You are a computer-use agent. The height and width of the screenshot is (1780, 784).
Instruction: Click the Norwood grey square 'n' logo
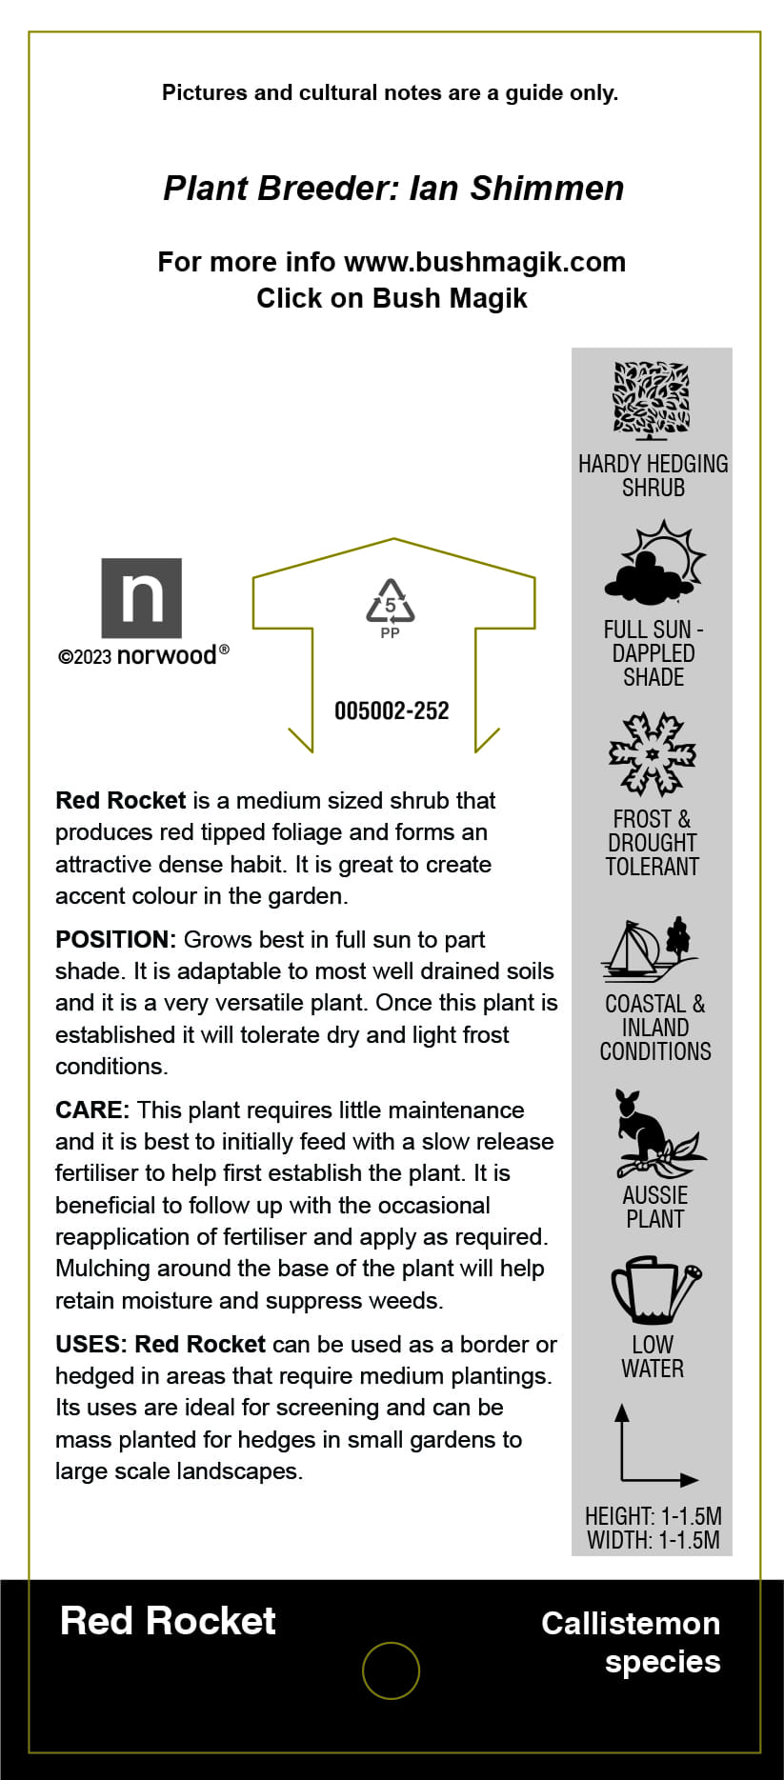click(141, 597)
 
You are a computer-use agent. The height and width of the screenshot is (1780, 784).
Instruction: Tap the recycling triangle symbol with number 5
click(391, 602)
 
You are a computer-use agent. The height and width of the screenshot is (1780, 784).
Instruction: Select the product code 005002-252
click(392, 710)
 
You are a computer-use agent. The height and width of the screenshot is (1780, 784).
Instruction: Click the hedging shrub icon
click(652, 400)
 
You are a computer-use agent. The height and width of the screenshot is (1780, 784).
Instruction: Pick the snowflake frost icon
click(653, 754)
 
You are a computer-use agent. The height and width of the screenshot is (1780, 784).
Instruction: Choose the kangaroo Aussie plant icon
click(654, 1133)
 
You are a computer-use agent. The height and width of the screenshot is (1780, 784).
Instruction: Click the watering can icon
click(654, 1290)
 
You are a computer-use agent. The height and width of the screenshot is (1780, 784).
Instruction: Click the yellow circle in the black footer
click(391, 1670)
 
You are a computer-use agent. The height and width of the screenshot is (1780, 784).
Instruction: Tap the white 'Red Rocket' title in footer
click(168, 1621)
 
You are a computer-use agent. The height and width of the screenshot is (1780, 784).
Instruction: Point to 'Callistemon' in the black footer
click(631, 1624)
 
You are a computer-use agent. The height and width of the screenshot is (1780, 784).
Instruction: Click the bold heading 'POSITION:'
click(115, 940)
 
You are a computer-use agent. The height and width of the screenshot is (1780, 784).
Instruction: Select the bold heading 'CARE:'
click(92, 1110)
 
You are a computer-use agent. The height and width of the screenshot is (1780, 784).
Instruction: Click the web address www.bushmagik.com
click(484, 262)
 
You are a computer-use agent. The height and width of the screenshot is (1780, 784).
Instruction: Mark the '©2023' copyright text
click(85, 657)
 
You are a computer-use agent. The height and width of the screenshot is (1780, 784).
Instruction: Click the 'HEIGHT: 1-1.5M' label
click(653, 1516)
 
